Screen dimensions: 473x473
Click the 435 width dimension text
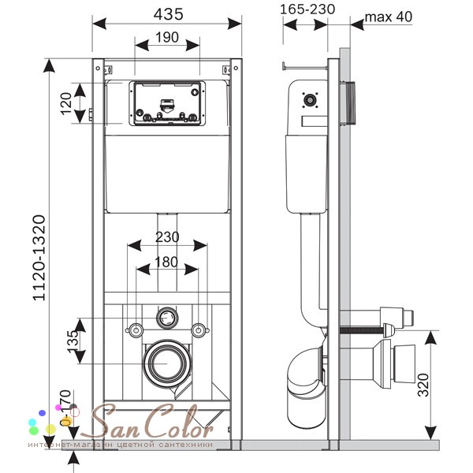point(167,13)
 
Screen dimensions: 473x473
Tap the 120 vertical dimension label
point(67,103)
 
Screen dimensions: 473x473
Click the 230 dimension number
point(166,236)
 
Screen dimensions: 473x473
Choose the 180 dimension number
point(166,261)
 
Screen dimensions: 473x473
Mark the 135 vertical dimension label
point(72,341)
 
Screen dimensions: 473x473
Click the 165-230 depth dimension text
point(307,9)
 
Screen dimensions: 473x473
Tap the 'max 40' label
point(387,17)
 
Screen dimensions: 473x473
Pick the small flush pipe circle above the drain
point(166,319)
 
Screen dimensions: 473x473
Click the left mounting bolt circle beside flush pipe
point(135,329)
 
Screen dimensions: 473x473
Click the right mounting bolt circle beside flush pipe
point(199,329)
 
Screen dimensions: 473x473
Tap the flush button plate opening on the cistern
point(166,103)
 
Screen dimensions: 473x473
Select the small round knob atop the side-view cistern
point(311,100)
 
